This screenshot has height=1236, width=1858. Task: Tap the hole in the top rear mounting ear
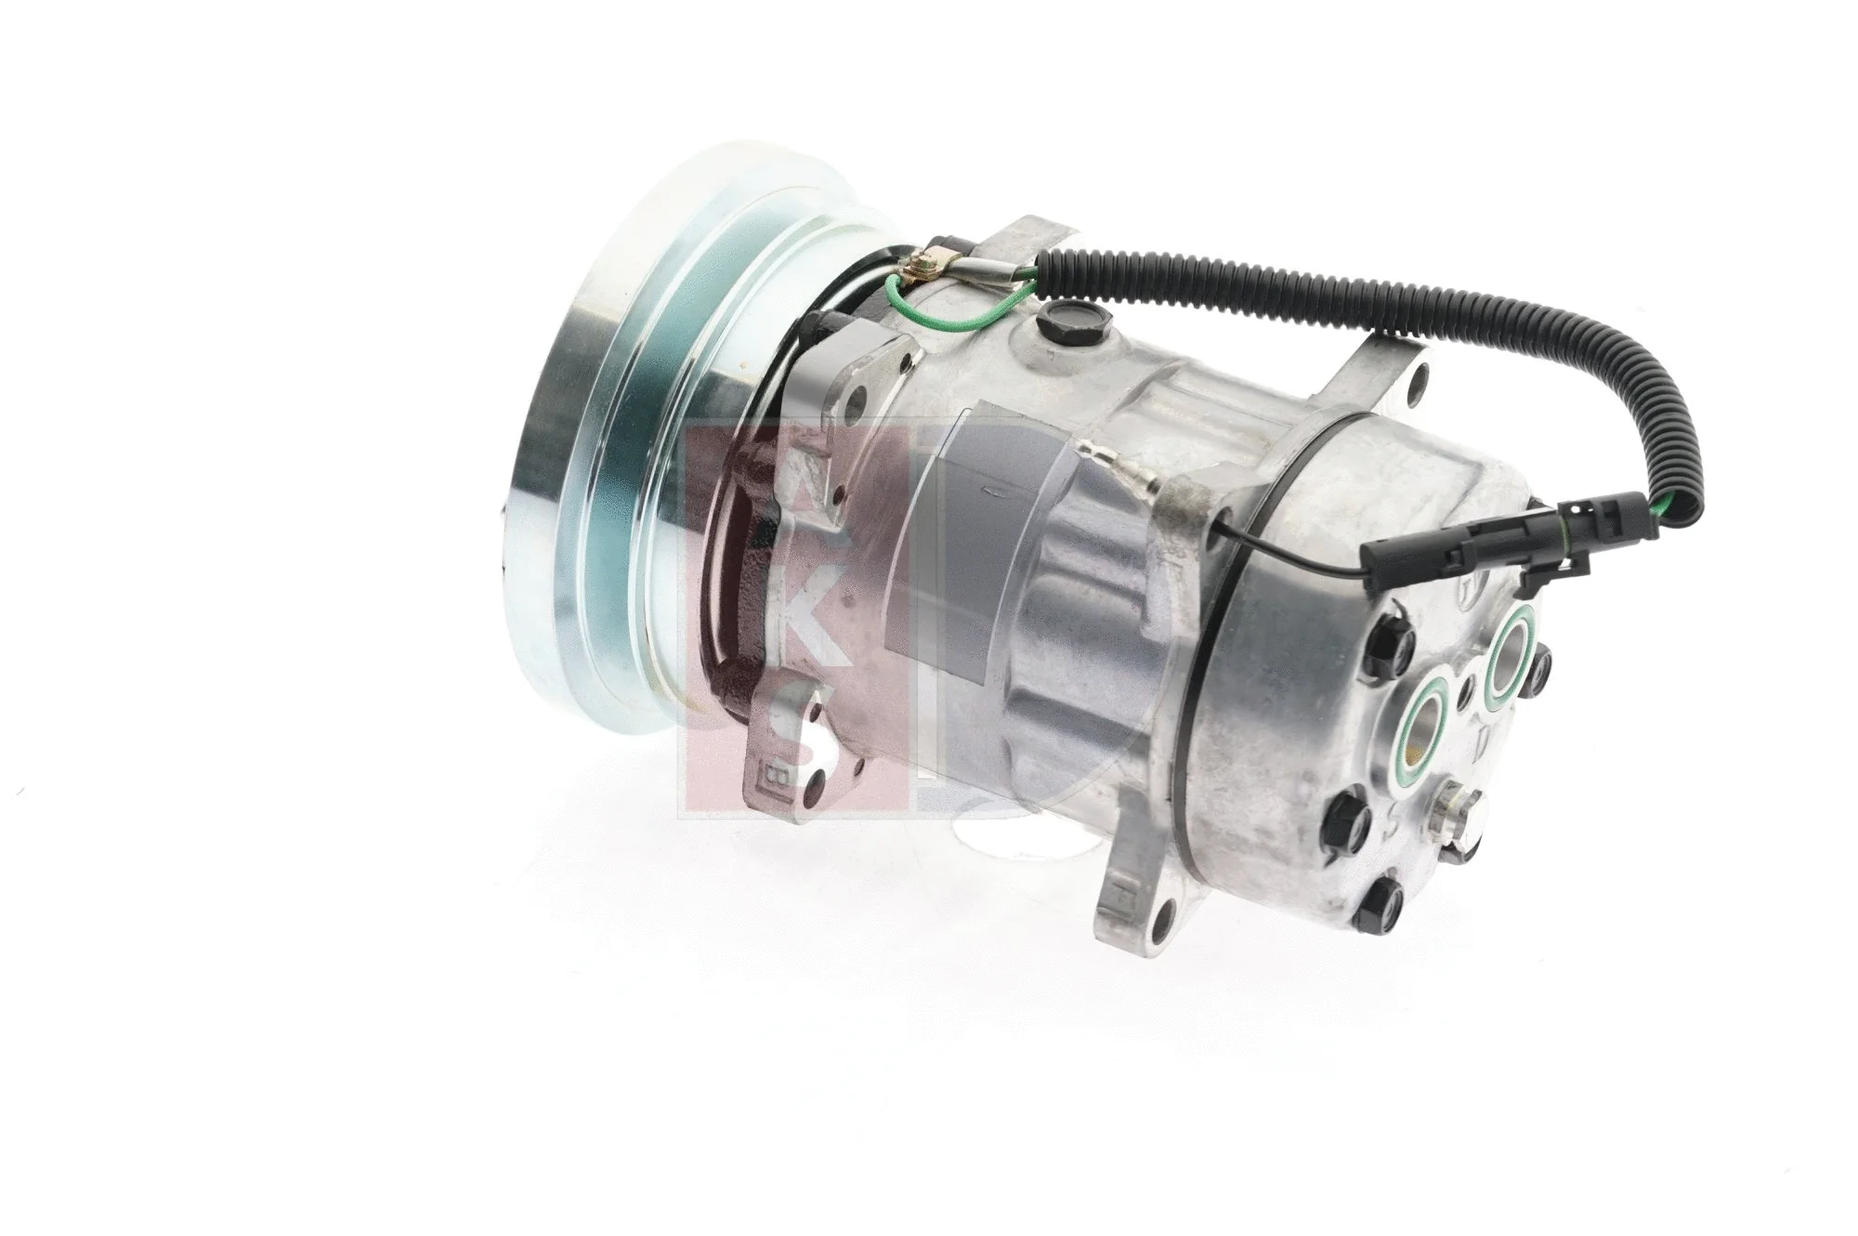1420,378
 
